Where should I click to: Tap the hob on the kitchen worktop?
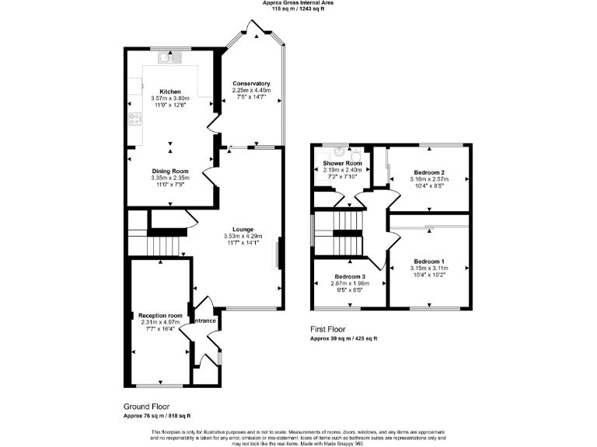point(134,119)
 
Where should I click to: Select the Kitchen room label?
point(170,92)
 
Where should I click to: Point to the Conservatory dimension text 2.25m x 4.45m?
point(251,90)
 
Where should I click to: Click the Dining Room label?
point(170,171)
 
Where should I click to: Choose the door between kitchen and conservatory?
point(211,124)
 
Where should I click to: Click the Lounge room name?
point(243,229)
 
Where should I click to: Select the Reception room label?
point(160,316)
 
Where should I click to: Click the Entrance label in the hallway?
point(204,321)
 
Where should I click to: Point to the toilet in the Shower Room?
point(355,153)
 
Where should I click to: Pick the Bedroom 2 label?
point(429,172)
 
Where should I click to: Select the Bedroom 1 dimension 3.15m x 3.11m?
point(429,269)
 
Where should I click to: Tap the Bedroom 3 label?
point(350,277)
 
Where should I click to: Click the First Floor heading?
point(328,330)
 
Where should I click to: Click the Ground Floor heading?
point(147,407)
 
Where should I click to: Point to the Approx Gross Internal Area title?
point(298,3)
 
